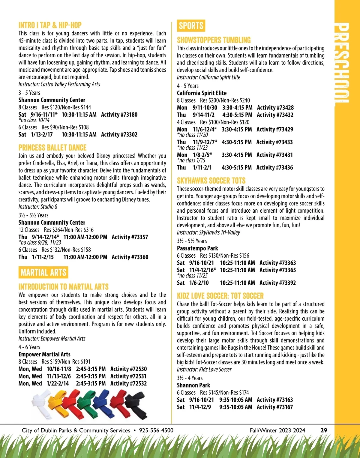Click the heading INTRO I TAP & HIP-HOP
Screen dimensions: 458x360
tap(50, 25)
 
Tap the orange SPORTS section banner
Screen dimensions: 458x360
tap(191, 26)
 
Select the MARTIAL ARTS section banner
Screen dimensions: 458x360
tap(43, 272)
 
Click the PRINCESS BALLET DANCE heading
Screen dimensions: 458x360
tap(52, 148)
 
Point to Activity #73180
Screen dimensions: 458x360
tap(119, 115)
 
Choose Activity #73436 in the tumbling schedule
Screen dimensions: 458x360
tap(274, 168)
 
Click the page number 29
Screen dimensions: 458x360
tap(324, 430)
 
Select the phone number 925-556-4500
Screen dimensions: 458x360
tap(156, 430)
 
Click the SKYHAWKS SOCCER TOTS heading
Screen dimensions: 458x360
tap(211, 181)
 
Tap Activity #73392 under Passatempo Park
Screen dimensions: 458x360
tap(277, 283)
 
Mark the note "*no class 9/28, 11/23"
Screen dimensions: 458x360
tap(40, 242)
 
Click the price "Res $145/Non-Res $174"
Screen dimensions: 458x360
tap(224, 393)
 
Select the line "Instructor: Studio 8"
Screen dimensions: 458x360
tap(38, 207)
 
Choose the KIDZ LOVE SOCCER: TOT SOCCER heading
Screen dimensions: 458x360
tap(220, 296)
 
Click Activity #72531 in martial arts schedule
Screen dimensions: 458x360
tap(128, 376)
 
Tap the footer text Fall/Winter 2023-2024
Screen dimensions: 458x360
tap(277, 430)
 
